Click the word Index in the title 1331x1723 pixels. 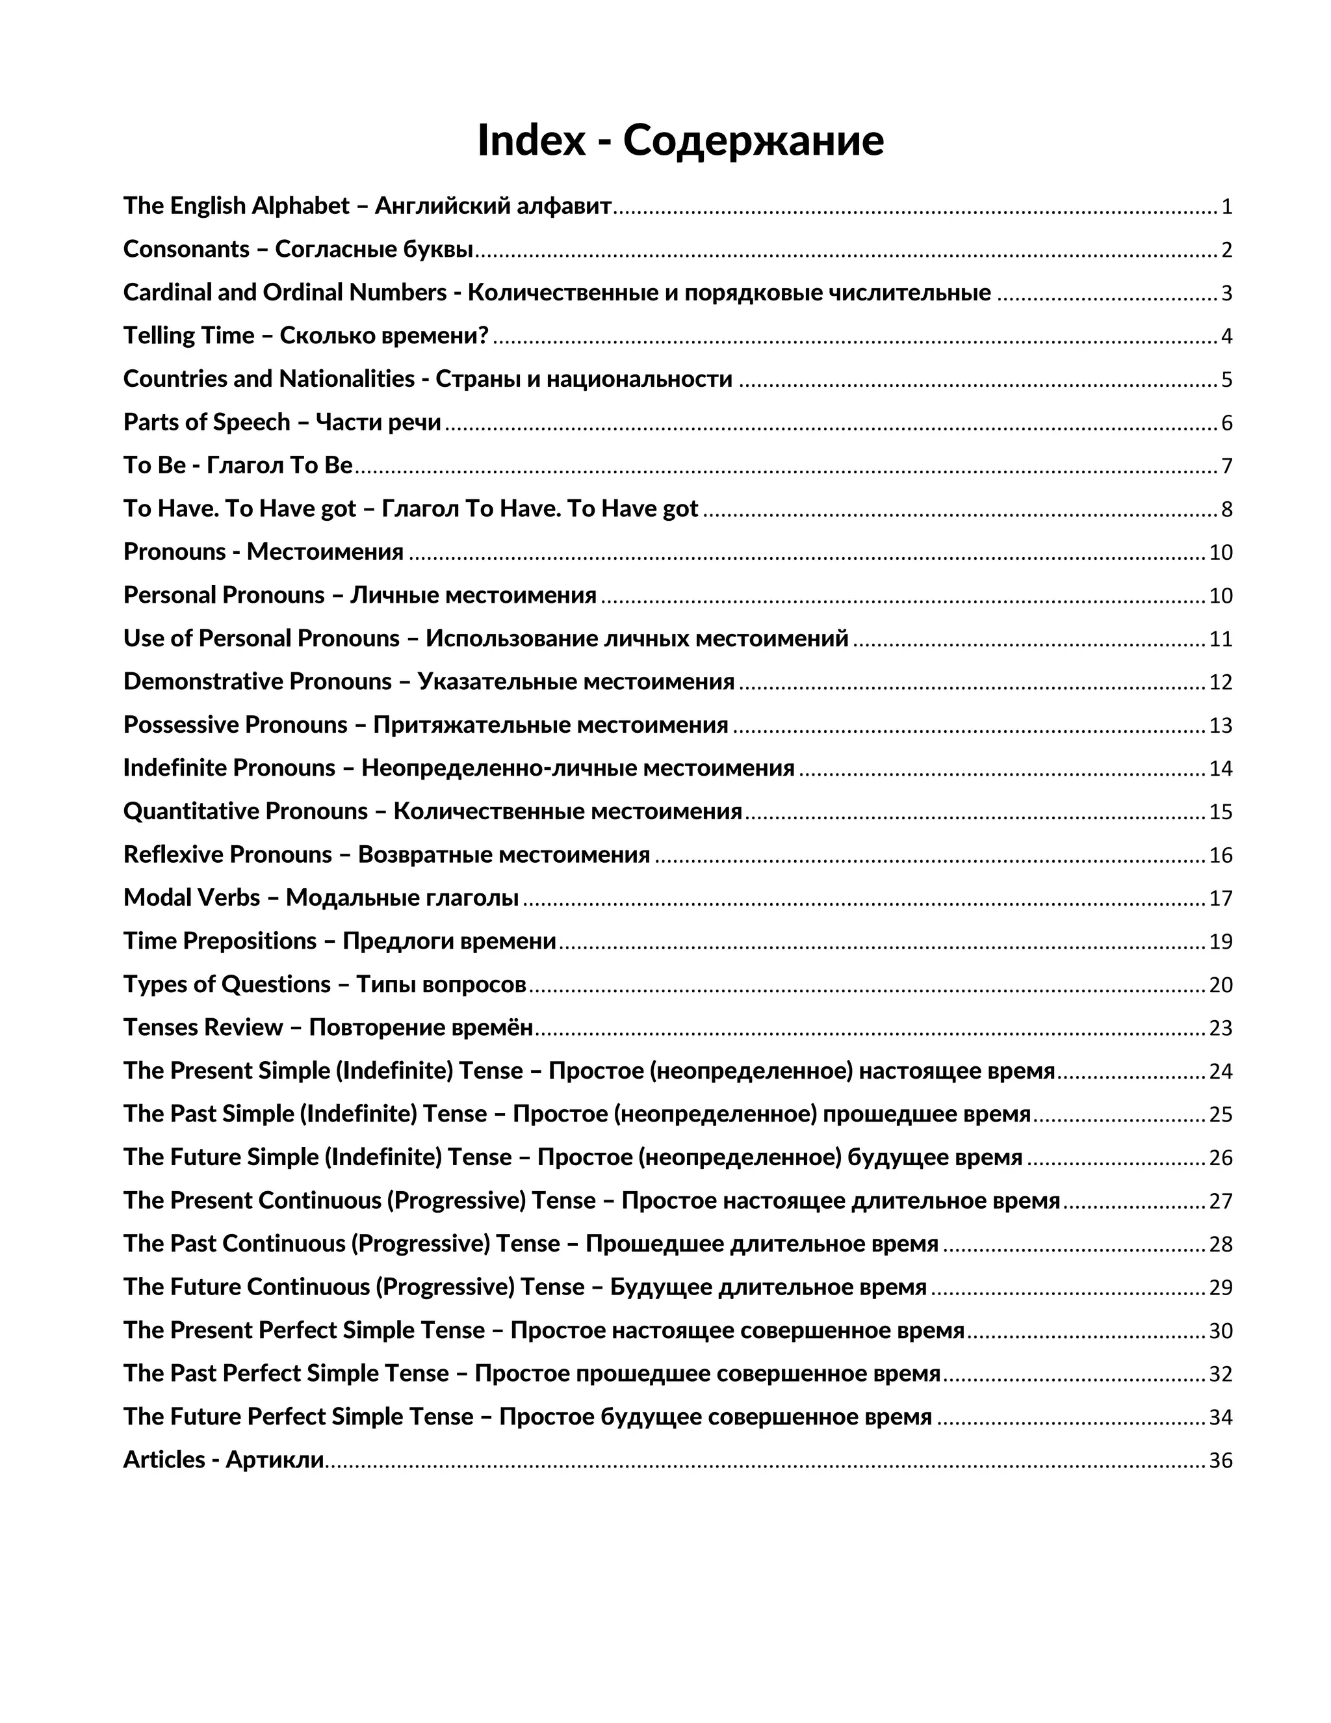pyautogui.click(x=532, y=140)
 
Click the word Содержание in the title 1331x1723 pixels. pyautogui.click(x=753, y=140)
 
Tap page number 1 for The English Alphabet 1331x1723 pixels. pyautogui.click(x=1226, y=207)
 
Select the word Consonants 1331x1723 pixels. pyautogui.click(x=186, y=249)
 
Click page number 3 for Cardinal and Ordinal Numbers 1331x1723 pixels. pyautogui.click(x=1226, y=293)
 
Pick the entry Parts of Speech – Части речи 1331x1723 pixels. pyautogui.click(x=281, y=423)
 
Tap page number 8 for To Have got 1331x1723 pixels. pyautogui.click(x=1226, y=510)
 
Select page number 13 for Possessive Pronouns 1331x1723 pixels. pyautogui.click(x=1220, y=726)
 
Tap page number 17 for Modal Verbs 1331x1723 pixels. pyautogui.click(x=1220, y=899)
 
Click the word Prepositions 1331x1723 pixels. pyautogui.click(x=250, y=941)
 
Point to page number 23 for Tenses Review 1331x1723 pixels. pyautogui.click(x=1220, y=1029)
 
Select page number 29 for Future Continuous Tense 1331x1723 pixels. pyautogui.click(x=1220, y=1287)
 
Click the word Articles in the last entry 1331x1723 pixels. pyautogui.click(x=163, y=1460)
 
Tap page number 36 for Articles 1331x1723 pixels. pyautogui.click(x=1220, y=1461)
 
